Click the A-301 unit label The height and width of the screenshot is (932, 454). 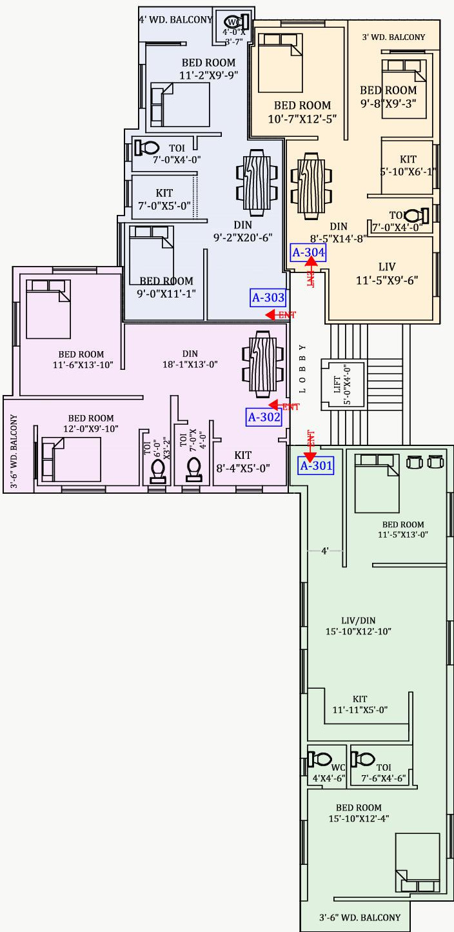[315, 465]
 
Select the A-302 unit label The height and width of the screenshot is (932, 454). [264, 417]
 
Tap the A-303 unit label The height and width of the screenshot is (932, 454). [268, 298]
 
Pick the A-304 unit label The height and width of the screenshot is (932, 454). [308, 252]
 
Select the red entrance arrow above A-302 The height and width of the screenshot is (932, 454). [274, 405]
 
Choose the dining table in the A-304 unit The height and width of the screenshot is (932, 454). [311, 183]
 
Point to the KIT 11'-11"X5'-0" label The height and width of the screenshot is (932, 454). [360, 704]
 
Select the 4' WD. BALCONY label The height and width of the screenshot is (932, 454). [175, 19]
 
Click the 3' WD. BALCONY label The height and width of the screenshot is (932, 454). [394, 37]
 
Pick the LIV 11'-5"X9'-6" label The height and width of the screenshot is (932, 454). [387, 273]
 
